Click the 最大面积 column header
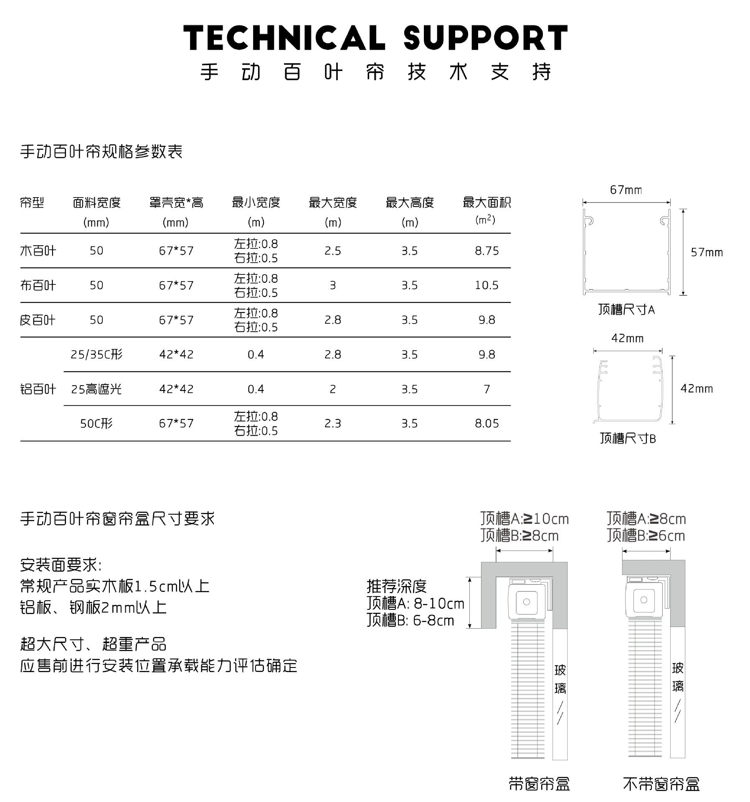click(x=486, y=203)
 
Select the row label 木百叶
click(x=38, y=251)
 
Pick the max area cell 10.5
click(x=486, y=285)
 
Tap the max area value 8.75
click(x=486, y=251)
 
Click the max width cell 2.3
click(x=332, y=424)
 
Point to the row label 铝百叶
click(x=38, y=389)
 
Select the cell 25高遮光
click(x=96, y=389)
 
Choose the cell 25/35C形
click(x=96, y=355)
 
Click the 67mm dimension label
click(x=626, y=190)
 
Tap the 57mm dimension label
click(x=707, y=252)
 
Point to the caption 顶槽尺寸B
click(x=628, y=438)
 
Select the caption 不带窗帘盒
click(x=661, y=784)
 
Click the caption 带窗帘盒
click(x=539, y=784)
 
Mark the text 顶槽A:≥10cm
click(x=524, y=519)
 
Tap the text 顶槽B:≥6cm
click(x=646, y=536)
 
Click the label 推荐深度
click(x=397, y=586)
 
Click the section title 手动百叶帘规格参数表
click(x=101, y=151)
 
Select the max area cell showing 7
click(x=486, y=389)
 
